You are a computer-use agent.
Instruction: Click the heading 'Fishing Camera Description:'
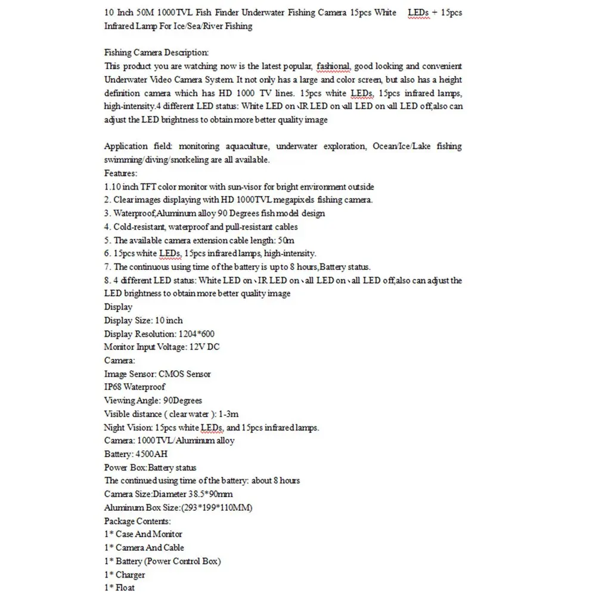click(x=156, y=52)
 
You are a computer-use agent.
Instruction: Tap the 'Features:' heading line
click(x=120, y=173)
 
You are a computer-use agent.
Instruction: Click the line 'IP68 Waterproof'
click(x=135, y=387)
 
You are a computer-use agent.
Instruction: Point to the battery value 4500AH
click(x=151, y=454)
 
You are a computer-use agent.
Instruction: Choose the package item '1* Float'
click(x=119, y=588)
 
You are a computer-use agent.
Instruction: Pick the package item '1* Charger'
click(x=125, y=575)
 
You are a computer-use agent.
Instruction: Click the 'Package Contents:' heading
click(x=137, y=521)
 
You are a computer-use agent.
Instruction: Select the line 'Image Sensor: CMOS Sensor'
click(x=157, y=374)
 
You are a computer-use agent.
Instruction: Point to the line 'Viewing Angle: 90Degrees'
click(x=153, y=401)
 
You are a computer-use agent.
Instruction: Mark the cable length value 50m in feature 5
click(x=286, y=240)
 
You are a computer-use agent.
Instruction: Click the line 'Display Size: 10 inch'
click(x=143, y=321)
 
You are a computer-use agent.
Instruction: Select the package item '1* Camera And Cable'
click(x=144, y=548)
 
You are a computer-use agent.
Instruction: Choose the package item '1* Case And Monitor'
click(x=143, y=534)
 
